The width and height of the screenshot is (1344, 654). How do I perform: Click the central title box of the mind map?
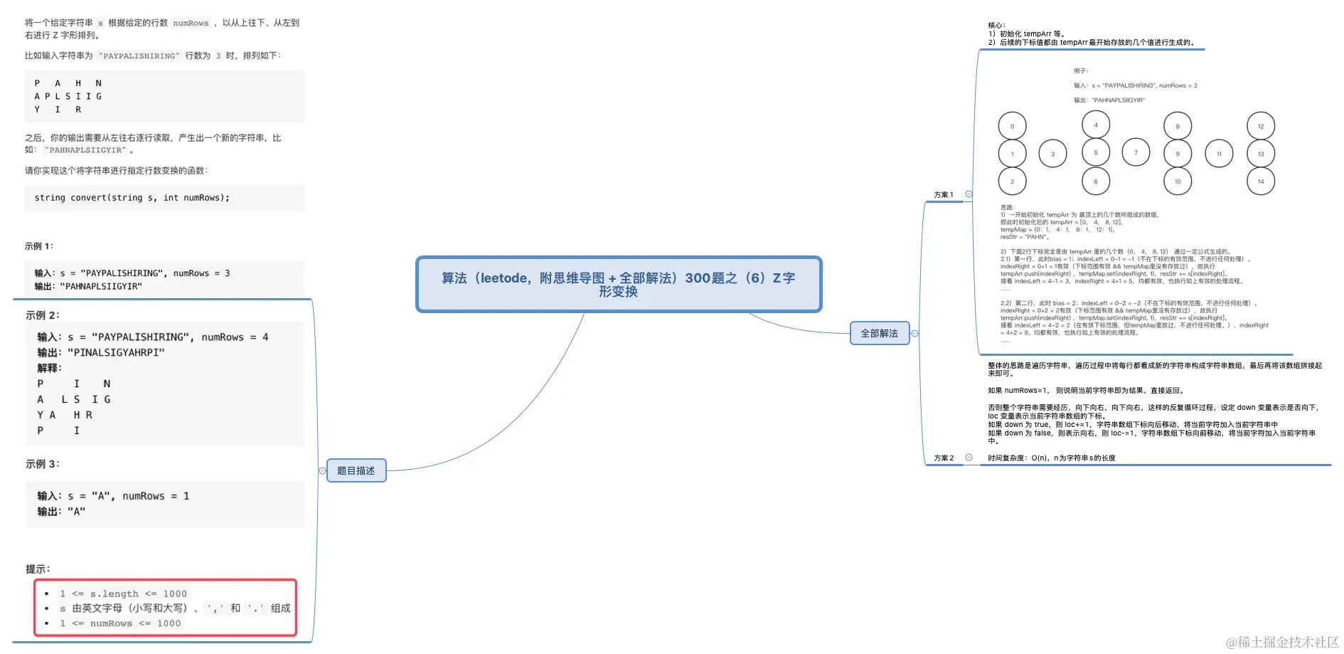point(618,284)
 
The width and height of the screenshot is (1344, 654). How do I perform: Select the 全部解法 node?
point(879,333)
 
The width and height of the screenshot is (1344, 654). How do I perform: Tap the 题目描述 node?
point(356,470)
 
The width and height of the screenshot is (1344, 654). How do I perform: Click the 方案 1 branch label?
point(943,194)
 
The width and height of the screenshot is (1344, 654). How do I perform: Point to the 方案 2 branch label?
point(943,458)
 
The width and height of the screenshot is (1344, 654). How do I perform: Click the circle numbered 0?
point(1012,127)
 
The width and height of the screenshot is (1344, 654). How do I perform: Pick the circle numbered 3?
point(1052,154)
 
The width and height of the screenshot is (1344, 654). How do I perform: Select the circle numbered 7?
point(1136,152)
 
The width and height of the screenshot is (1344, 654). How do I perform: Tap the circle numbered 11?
point(1219,154)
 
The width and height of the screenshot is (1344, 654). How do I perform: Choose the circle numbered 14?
point(1260,181)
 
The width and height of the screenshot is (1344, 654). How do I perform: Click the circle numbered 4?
point(1095,125)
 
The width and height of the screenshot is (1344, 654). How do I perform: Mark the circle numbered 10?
point(1177,181)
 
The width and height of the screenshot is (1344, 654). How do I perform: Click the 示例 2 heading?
point(43,315)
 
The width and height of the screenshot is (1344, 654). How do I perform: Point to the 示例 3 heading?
point(43,464)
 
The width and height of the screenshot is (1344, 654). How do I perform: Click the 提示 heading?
point(38,569)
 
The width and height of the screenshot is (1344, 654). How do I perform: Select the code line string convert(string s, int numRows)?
point(132,198)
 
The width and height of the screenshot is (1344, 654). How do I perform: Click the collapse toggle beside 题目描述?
point(322,470)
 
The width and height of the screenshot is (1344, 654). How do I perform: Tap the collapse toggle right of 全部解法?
point(914,333)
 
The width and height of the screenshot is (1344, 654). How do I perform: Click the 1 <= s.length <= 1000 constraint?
point(123,594)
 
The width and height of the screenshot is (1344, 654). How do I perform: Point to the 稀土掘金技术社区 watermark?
point(1282,642)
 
